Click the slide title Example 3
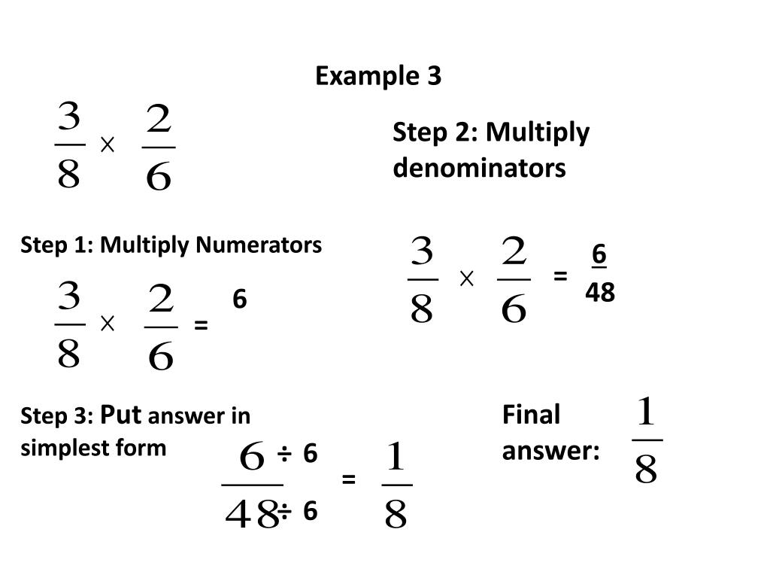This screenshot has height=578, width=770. (x=378, y=76)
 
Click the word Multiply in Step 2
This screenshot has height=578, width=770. (x=537, y=132)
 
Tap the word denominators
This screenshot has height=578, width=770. (x=479, y=168)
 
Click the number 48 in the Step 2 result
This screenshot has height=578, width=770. (x=600, y=293)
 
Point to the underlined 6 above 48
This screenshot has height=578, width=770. (x=599, y=255)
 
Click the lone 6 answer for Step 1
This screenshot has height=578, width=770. (x=239, y=300)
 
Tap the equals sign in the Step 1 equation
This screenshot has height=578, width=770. (x=200, y=325)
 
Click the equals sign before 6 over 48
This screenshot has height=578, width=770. (x=559, y=276)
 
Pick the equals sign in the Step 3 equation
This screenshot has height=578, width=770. (x=348, y=479)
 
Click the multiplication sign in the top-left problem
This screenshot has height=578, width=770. (x=107, y=145)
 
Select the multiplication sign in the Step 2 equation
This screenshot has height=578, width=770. (x=466, y=279)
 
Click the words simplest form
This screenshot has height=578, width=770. (x=93, y=448)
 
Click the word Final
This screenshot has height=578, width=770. (x=531, y=414)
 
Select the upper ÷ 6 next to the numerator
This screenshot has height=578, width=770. (x=299, y=454)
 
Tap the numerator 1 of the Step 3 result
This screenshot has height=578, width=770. (x=396, y=457)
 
